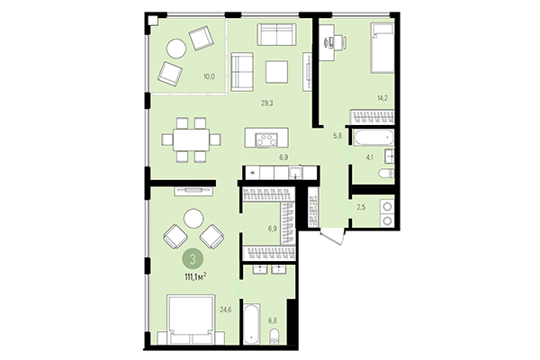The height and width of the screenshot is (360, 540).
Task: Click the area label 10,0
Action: pos(209,77)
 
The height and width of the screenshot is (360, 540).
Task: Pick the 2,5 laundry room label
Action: pos(361,209)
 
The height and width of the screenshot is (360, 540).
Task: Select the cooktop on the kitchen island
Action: pos(267,139)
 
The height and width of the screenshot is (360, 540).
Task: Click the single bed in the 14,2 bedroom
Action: pos(382,49)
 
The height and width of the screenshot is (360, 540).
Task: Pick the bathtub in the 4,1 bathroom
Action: pos(371,138)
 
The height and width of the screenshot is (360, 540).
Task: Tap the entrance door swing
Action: pos(331,236)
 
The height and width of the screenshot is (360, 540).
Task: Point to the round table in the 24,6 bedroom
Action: pos(193,218)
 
